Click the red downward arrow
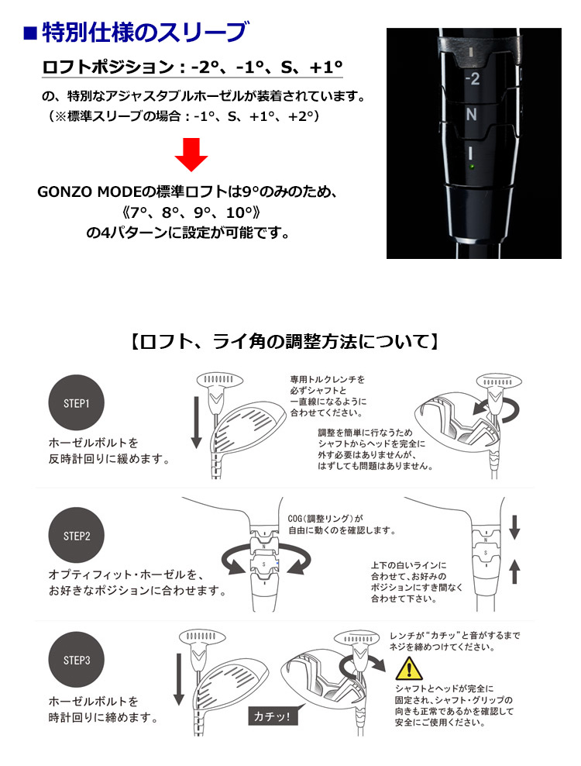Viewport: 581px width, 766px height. pyautogui.click(x=191, y=154)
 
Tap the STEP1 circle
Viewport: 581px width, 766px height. pyautogui.click(x=76, y=403)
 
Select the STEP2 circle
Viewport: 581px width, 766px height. pyautogui.click(x=76, y=536)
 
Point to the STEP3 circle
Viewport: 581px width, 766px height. pyautogui.click(x=76, y=660)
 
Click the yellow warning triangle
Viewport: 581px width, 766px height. pyautogui.click(x=409, y=668)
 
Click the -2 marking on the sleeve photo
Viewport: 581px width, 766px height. pyautogui.click(x=472, y=78)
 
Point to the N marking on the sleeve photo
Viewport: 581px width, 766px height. pyautogui.click(x=471, y=114)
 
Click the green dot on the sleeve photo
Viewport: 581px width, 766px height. pyautogui.click(x=472, y=167)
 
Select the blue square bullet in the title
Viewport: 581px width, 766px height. pyautogui.click(x=30, y=33)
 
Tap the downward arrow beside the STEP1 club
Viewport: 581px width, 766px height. pyautogui.click(x=196, y=423)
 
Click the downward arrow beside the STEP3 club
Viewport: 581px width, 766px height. pyautogui.click(x=179, y=679)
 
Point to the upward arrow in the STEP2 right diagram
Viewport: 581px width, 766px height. pyautogui.click(x=514, y=571)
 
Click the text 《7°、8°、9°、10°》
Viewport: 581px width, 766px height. pyautogui.click(x=191, y=212)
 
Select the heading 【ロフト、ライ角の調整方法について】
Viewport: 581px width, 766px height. pyautogui.click(x=284, y=341)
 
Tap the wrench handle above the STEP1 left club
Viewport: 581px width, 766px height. pyautogui.click(x=220, y=379)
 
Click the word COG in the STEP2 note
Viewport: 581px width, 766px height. pyautogui.click(x=294, y=519)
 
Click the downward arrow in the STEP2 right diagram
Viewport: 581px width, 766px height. pyautogui.click(x=514, y=526)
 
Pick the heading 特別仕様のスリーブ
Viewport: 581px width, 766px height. pyautogui.click(x=146, y=33)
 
